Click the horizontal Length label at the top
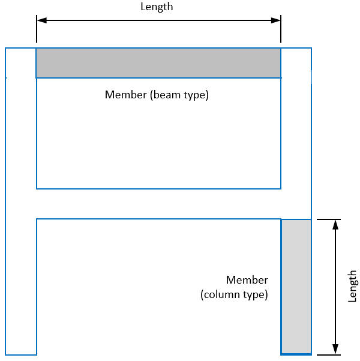point(157,7)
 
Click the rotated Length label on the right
point(352,287)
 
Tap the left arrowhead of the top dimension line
point(41,20)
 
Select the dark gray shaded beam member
point(158,63)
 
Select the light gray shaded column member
point(296,287)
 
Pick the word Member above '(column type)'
point(247,280)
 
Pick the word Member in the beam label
point(124,95)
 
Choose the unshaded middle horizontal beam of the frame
point(158,204)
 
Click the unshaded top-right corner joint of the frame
point(296,63)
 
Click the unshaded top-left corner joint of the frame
point(21,63)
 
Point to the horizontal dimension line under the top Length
point(158,20)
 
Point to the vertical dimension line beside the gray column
point(335,287)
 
